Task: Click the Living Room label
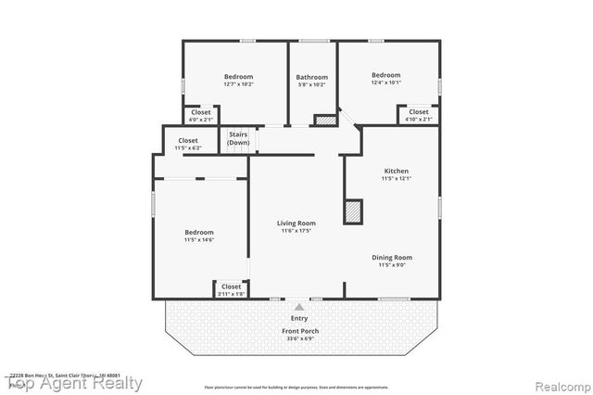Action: click(296, 223)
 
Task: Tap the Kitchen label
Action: click(396, 171)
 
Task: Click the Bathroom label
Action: click(311, 77)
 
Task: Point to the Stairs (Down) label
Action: click(238, 139)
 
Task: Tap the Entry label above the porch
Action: click(299, 318)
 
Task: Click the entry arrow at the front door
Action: click(298, 305)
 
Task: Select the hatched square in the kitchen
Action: click(353, 211)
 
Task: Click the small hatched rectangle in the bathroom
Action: click(324, 120)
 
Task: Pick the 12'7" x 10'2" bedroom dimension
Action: click(238, 84)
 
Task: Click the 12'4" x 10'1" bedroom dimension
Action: click(385, 83)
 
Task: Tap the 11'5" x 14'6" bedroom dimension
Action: click(199, 240)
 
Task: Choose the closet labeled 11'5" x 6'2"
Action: click(188, 145)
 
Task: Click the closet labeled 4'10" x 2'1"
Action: click(419, 116)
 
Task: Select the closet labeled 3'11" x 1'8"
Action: click(231, 290)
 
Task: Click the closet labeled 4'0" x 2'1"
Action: click(201, 116)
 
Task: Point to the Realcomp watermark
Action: click(551, 382)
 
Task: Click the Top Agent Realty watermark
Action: click(75, 382)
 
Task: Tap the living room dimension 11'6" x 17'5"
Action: click(296, 231)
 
